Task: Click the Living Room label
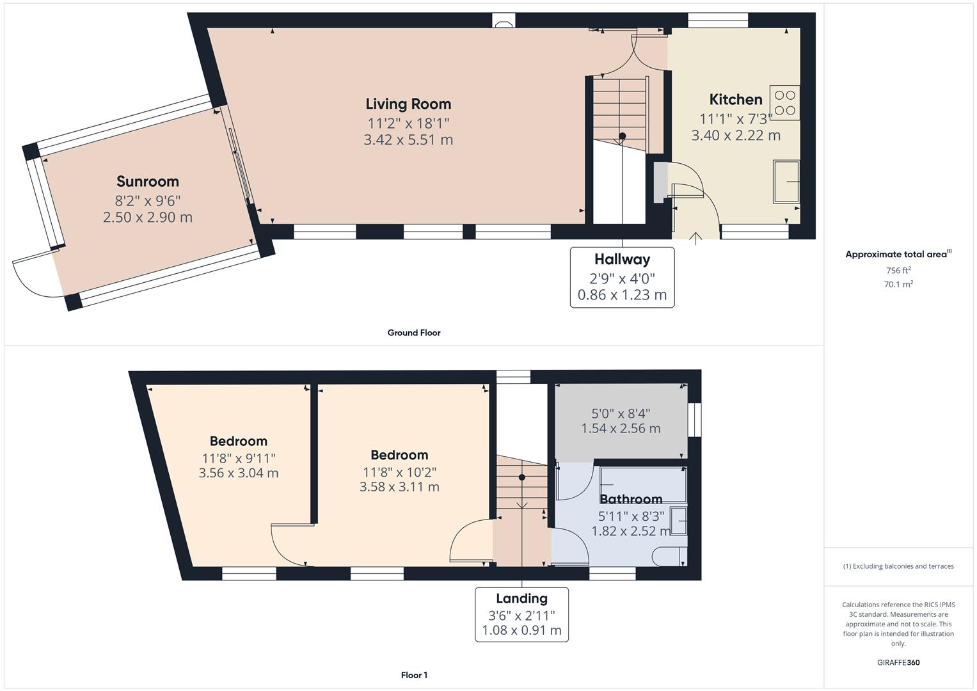click(408, 104)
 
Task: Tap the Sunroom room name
click(148, 181)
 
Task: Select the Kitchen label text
click(736, 99)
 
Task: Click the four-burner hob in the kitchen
click(785, 103)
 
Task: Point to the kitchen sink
click(786, 182)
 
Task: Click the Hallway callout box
click(622, 277)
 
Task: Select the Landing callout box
click(521, 614)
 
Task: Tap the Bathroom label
click(630, 499)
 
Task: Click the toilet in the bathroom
click(672, 557)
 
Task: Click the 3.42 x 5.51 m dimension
click(408, 139)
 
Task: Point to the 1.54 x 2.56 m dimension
click(621, 429)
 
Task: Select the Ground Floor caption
click(414, 333)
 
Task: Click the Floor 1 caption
click(414, 675)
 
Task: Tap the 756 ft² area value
click(898, 270)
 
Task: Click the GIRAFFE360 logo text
click(898, 662)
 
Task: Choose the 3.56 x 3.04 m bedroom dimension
click(239, 473)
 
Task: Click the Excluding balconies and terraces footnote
click(898, 566)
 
